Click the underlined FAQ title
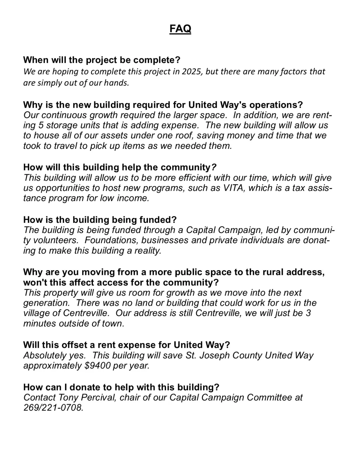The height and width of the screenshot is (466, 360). [x=180, y=29]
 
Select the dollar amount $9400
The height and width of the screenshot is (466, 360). [x=98, y=366]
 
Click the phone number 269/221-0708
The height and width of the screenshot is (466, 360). [x=53, y=408]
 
